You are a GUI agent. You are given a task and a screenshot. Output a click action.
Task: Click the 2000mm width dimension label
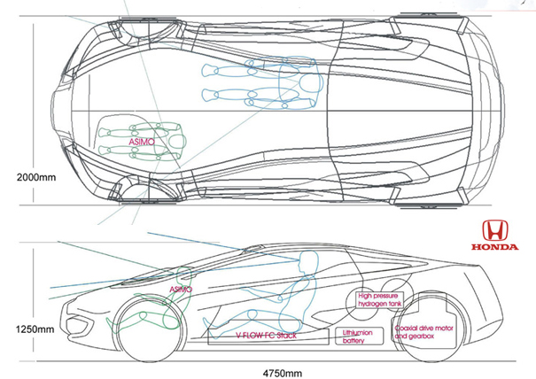coord(35,177)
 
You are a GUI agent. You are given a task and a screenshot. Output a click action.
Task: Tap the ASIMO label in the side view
coord(181,289)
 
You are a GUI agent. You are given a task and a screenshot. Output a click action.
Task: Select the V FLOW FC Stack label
coord(267,336)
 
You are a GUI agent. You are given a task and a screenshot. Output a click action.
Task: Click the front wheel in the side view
coord(150,330)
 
